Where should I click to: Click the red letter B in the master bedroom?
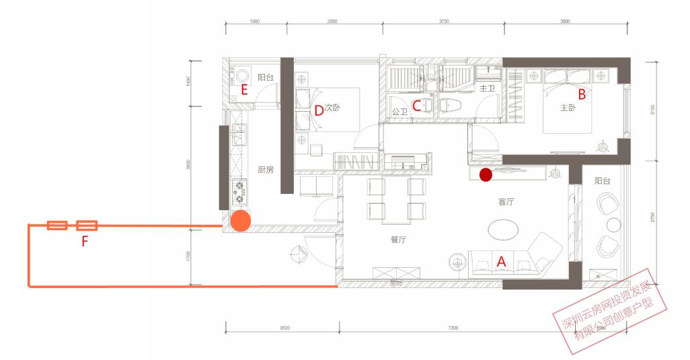pos(582,95)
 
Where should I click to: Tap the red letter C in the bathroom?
pos(417,105)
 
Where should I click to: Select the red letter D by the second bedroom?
pos(319,110)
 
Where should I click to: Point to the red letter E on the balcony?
pos(245,89)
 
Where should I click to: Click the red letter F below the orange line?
pos(85,240)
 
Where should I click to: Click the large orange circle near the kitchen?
pos(241,220)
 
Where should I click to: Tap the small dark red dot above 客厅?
pos(485,175)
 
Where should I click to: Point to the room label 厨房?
pos(265,170)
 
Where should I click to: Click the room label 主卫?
pos(487,88)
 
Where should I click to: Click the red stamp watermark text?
pos(609,316)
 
